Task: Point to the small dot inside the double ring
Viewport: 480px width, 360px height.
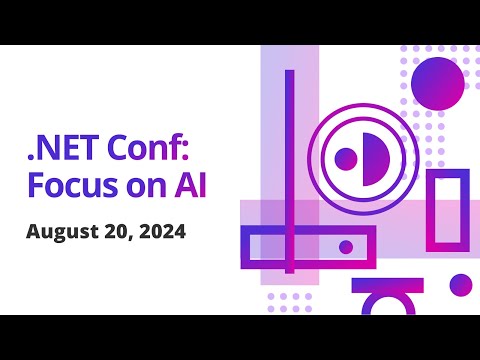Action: [347, 158]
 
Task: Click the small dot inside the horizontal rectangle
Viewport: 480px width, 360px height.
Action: [346, 247]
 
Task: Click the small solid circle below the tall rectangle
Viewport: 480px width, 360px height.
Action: [460, 285]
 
